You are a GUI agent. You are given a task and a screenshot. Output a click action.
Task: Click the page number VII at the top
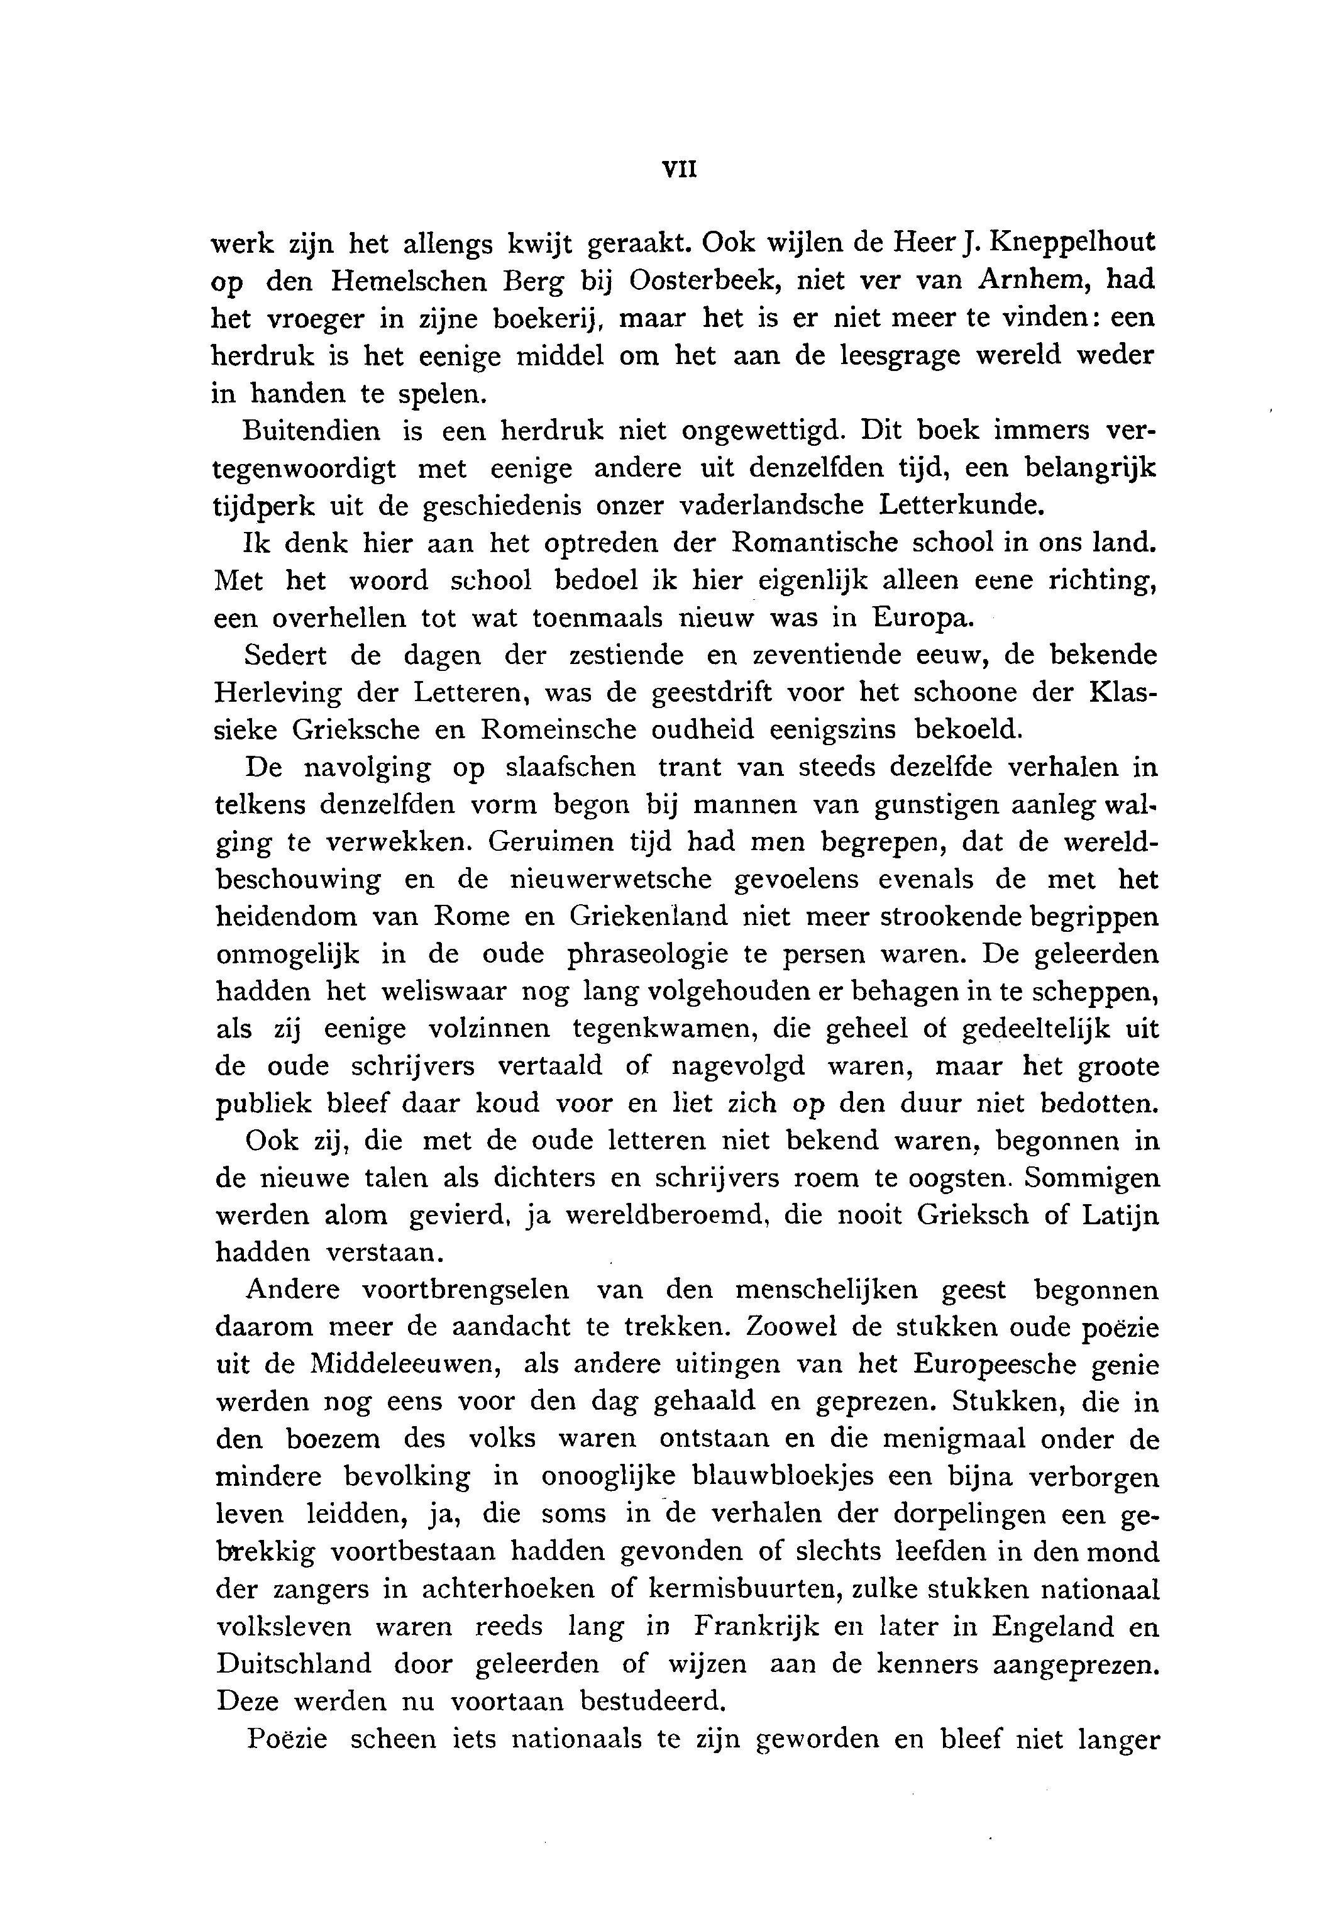click(679, 169)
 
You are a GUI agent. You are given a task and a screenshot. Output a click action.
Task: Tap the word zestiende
click(626, 655)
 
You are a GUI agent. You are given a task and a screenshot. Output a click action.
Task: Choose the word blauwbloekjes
click(783, 1477)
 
